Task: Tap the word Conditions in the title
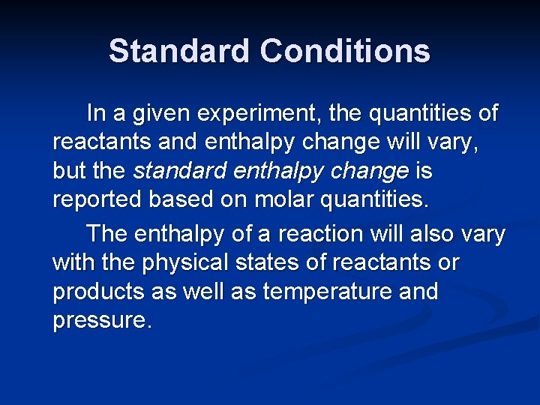click(x=345, y=51)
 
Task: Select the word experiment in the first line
click(x=259, y=114)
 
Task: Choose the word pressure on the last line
click(x=101, y=321)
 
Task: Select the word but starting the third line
click(x=71, y=172)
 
